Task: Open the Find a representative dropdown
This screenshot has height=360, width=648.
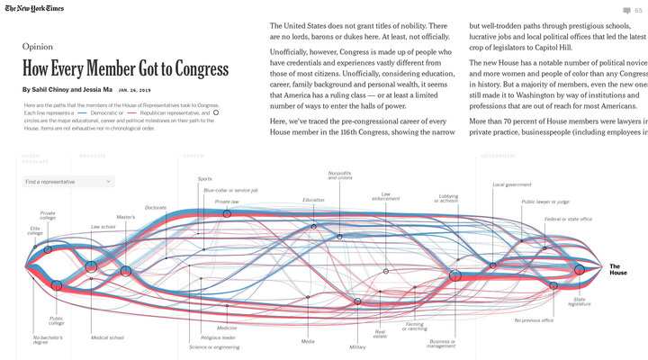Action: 69,182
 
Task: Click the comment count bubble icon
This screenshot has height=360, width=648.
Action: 626,10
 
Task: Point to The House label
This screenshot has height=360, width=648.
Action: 618,268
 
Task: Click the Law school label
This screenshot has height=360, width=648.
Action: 103,227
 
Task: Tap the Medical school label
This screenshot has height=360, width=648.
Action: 107,337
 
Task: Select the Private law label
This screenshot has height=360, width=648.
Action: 227,202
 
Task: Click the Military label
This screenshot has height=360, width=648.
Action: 357,346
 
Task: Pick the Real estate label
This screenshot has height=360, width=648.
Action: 380,334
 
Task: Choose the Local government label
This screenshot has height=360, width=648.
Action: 511,184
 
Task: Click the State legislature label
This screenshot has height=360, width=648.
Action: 580,301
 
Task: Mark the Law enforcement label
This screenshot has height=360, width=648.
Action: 385,196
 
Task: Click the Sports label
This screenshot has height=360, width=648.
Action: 205,178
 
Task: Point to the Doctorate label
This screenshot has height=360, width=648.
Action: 156,207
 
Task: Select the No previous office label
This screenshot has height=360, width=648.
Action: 534,319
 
